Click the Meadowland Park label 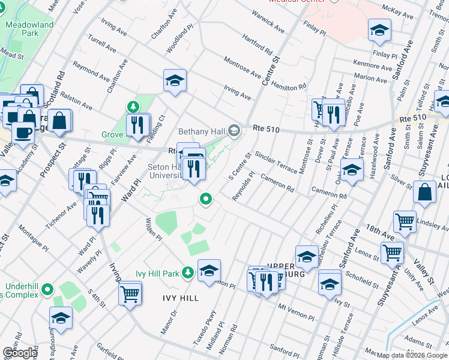point(29,29)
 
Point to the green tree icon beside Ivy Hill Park point(188,273)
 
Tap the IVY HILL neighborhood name point(180,298)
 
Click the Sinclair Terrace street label point(276,162)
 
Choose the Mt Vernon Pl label point(296,312)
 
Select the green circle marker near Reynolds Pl point(206,199)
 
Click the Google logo point(20,353)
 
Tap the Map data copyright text point(412,355)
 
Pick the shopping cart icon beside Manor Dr point(130,294)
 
